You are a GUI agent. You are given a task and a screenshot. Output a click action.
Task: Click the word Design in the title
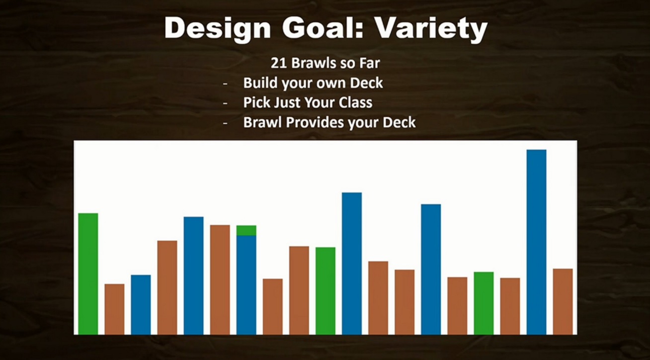pos(217,28)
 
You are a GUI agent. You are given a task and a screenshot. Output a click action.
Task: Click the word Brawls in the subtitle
pos(314,63)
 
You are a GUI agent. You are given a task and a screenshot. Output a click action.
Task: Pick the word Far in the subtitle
pos(370,63)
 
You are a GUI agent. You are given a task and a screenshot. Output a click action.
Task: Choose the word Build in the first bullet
pos(260,83)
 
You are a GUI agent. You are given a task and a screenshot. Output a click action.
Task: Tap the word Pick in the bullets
pos(255,102)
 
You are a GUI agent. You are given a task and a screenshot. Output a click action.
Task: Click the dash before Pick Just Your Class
pos(226,103)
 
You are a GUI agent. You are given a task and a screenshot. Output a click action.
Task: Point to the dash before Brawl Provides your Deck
pos(226,123)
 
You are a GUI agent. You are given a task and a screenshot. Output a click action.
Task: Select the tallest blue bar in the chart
pos(536,242)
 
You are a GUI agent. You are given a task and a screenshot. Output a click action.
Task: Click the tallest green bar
pos(88,274)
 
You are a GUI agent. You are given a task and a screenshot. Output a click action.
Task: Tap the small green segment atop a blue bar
pos(246,231)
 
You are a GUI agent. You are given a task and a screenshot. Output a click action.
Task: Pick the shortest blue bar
pos(141,305)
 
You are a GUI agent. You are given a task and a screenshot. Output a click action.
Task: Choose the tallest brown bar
pos(220,280)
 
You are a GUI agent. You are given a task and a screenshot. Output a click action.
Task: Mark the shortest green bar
pos(484,303)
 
